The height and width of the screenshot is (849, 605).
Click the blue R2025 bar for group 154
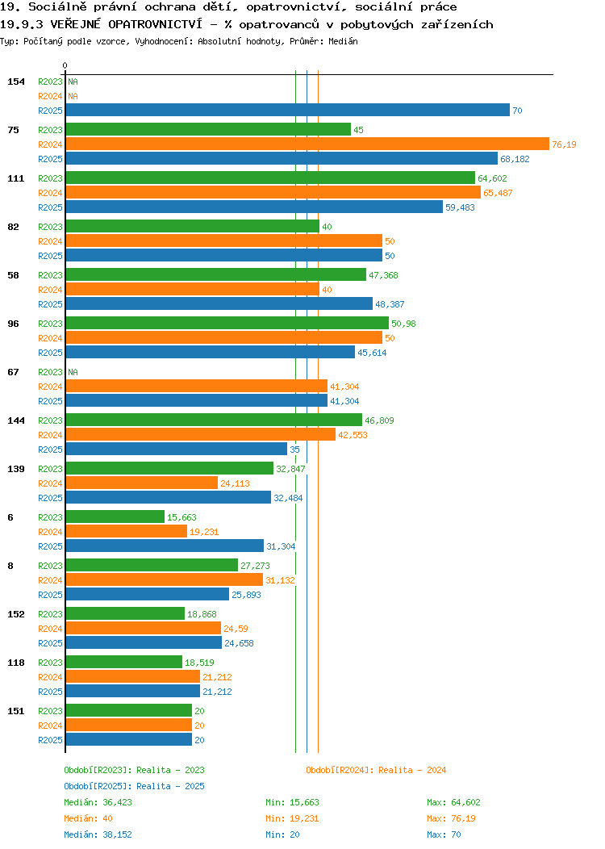[x=288, y=111]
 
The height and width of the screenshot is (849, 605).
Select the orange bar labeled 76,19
[x=307, y=144]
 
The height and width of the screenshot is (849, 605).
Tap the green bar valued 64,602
[x=270, y=178]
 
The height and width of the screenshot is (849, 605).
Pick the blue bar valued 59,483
[x=254, y=207]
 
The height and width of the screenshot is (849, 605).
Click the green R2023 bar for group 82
[x=193, y=226]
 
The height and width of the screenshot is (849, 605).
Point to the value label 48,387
[x=390, y=304]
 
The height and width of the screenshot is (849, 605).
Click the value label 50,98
[x=403, y=324]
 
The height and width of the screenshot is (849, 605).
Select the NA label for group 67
[x=73, y=372]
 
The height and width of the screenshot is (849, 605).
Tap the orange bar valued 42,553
[x=201, y=435]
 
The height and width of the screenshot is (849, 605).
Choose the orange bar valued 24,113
[x=142, y=483]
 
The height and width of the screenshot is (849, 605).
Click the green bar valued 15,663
[x=115, y=517]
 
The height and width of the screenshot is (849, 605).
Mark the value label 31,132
[x=280, y=580]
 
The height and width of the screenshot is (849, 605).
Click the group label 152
[x=16, y=614]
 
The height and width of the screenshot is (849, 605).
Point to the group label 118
[x=16, y=663]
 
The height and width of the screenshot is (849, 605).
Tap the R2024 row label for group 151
[x=50, y=726]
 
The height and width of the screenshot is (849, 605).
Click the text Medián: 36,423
[x=98, y=802]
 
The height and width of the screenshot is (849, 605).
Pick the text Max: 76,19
[x=451, y=818]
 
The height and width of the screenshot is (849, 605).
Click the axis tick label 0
[x=65, y=65]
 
